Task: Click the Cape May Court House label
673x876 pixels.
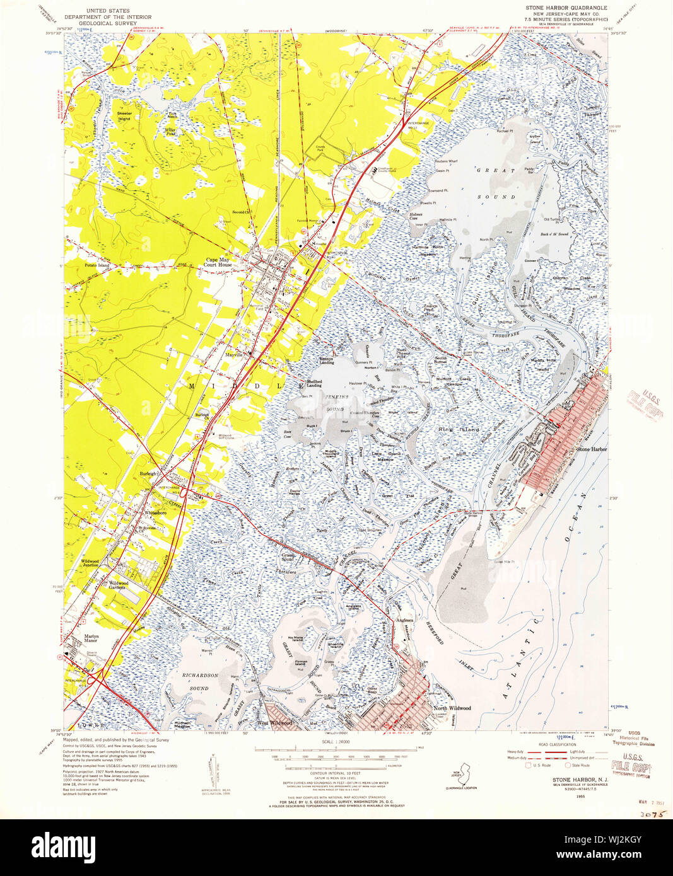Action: tap(218, 262)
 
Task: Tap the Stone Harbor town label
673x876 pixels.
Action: tap(592, 449)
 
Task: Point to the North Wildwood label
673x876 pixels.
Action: tap(452, 708)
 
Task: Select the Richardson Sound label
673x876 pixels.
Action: tap(199, 681)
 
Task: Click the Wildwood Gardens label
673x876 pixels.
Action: tap(124, 585)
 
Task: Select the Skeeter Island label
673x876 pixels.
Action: tap(124, 116)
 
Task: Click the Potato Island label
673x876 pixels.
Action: tap(97, 265)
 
